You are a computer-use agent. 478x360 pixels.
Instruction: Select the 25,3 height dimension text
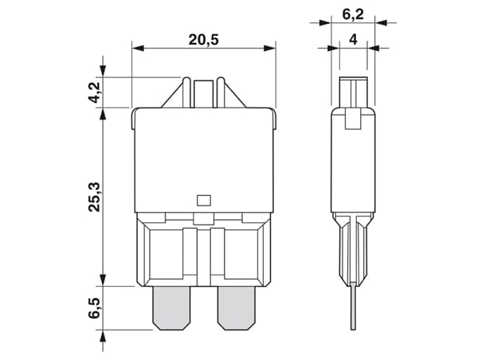[x=94, y=198]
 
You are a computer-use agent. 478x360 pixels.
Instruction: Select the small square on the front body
[x=203, y=201]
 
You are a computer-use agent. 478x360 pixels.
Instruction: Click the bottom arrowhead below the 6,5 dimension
[x=103, y=335]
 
